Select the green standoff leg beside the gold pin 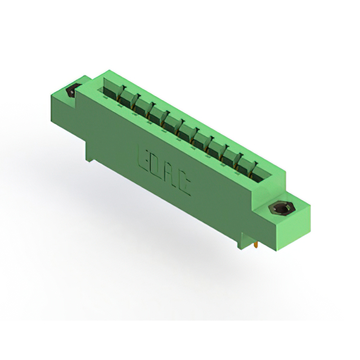pyautogui.click(x=240, y=241)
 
